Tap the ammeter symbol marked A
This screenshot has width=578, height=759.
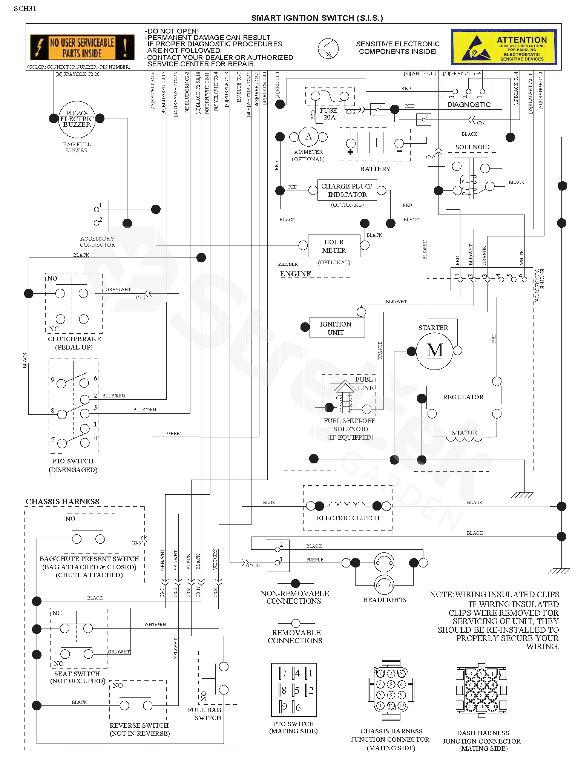[308, 136]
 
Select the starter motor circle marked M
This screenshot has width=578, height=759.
[434, 350]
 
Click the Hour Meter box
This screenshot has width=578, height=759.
[334, 246]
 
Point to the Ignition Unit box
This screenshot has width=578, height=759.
[336, 328]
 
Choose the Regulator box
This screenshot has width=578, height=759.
[463, 397]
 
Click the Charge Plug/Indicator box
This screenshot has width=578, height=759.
[346, 190]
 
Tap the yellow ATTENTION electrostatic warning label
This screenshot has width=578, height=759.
[504, 47]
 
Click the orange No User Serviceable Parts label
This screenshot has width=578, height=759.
[82, 47]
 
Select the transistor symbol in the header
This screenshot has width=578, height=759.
[328, 48]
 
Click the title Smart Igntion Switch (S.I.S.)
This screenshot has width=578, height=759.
[317, 18]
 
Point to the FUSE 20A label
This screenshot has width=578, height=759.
[328, 114]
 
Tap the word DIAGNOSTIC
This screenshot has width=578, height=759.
[469, 105]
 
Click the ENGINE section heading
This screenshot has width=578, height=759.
[296, 274]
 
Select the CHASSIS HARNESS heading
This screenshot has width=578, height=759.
[63, 501]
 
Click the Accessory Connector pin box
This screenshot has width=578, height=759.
[97, 216]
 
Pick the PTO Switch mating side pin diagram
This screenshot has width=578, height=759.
[294, 690]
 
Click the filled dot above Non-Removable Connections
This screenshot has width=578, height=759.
[296, 583]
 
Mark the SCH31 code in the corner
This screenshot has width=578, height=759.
[25, 9]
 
